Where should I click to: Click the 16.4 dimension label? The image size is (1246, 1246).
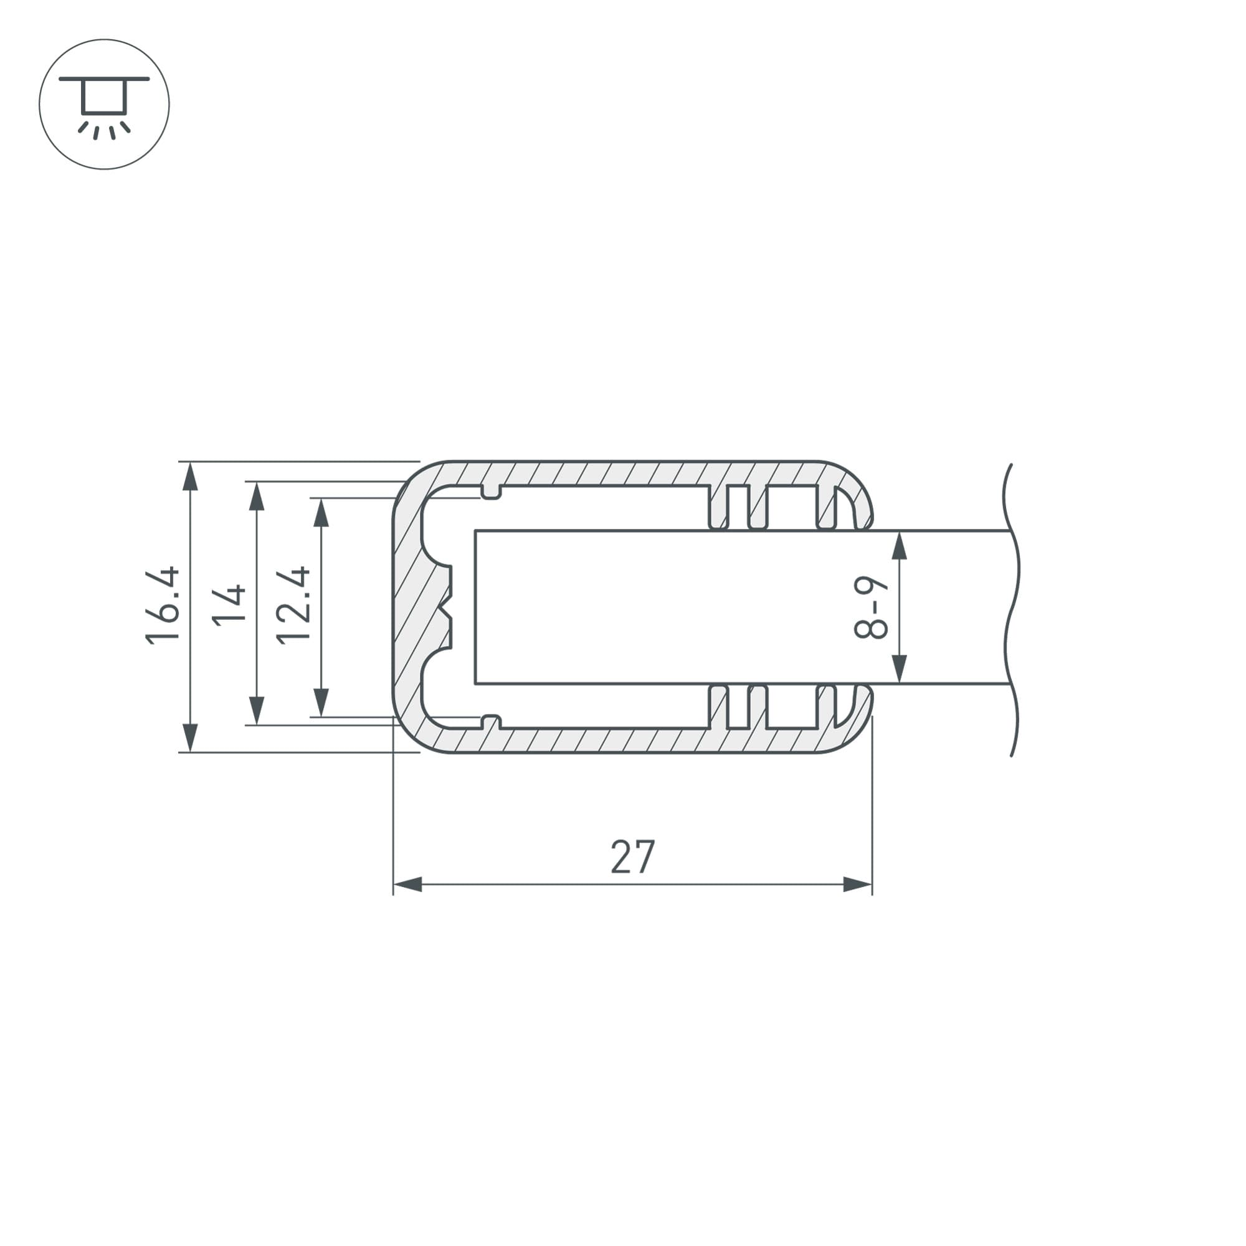point(162,606)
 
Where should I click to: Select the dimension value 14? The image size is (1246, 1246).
point(229,605)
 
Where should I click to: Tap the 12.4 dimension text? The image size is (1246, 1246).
point(293,606)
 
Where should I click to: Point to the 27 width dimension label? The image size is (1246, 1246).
point(633,857)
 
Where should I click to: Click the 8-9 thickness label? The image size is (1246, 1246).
point(871,607)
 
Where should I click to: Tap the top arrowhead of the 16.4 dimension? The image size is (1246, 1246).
point(189,477)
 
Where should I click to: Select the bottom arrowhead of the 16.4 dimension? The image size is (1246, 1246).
point(189,737)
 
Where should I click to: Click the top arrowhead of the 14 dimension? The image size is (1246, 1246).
point(257,496)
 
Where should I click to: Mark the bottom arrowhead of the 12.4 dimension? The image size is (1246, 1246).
point(321,702)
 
